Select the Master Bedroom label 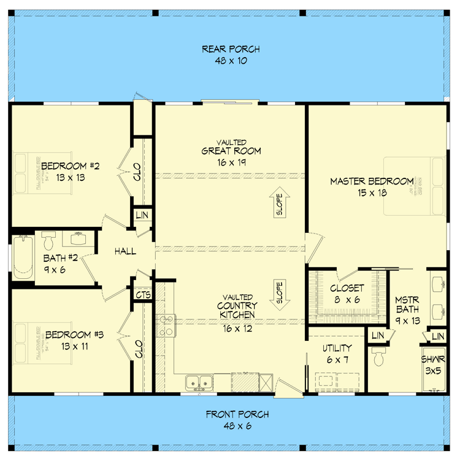pyautogui.click(x=372, y=187)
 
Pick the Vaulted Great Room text pyautogui.click(x=231, y=151)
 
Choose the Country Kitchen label pyautogui.click(x=236, y=311)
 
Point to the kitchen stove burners pyautogui.click(x=166, y=326)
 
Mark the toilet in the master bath pyautogui.click(x=378, y=357)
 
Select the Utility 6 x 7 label pyautogui.click(x=336, y=354)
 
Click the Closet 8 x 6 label pyautogui.click(x=347, y=293)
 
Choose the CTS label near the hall pyautogui.click(x=143, y=295)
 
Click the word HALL pyautogui.click(x=125, y=251)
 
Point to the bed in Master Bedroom pyautogui.click(x=415, y=186)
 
